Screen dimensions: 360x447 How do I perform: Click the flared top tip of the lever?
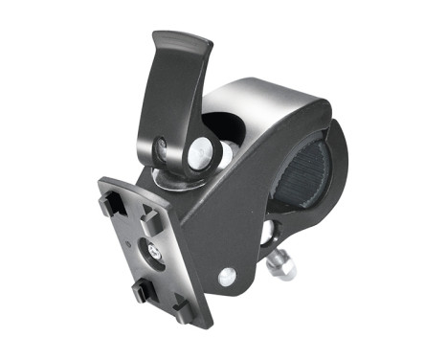[182, 42]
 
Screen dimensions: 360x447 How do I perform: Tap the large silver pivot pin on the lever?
[200, 150]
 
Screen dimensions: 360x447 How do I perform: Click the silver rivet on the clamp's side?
[227, 277]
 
